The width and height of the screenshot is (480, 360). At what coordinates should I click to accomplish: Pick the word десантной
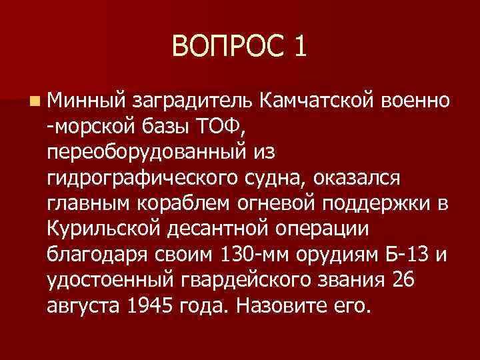219,229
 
